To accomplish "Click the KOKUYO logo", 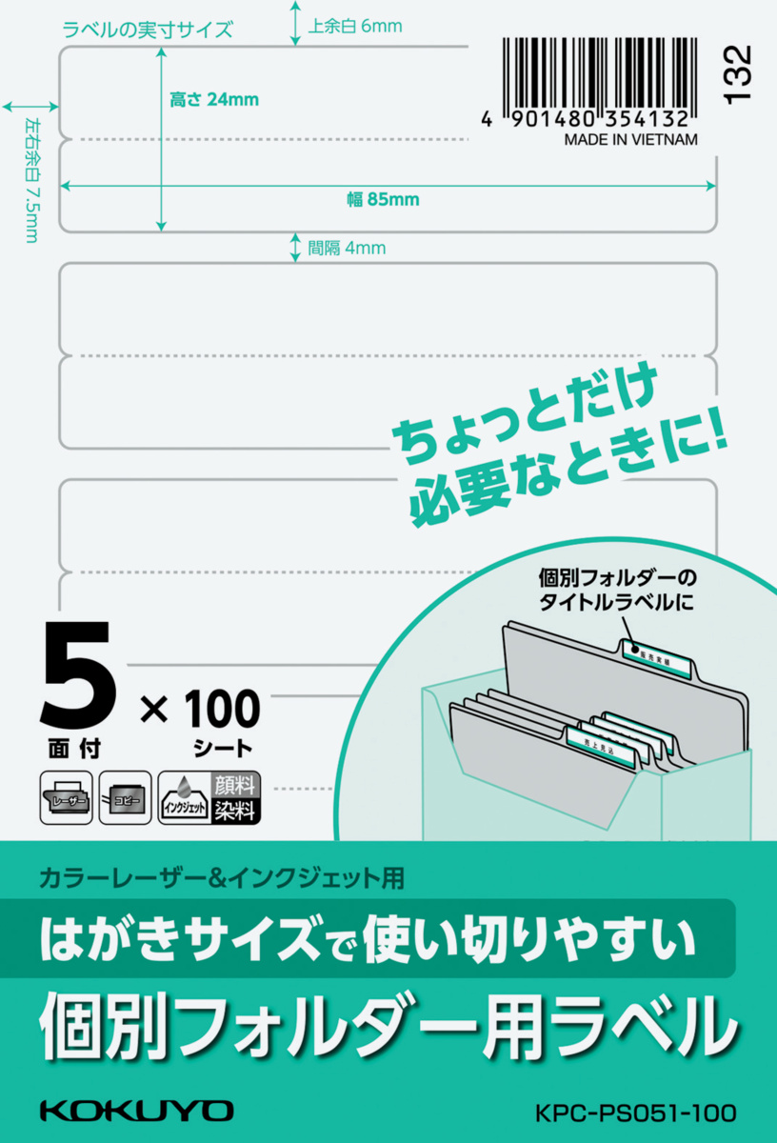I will pyautogui.click(x=136, y=1111).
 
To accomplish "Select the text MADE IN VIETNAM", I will pyautogui.click(x=630, y=139).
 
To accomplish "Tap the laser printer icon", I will pyautogui.click(x=66, y=798).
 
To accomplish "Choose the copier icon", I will pyautogui.click(x=125, y=798).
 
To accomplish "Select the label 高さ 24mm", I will pyautogui.click(x=214, y=99).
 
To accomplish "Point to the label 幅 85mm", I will pyautogui.click(x=383, y=200).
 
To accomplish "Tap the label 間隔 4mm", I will pyautogui.click(x=346, y=249).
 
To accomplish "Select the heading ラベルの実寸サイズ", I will pyautogui.click(x=148, y=30).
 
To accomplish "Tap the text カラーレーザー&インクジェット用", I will pyautogui.click(x=221, y=876).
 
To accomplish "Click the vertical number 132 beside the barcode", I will pyautogui.click(x=737, y=73).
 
